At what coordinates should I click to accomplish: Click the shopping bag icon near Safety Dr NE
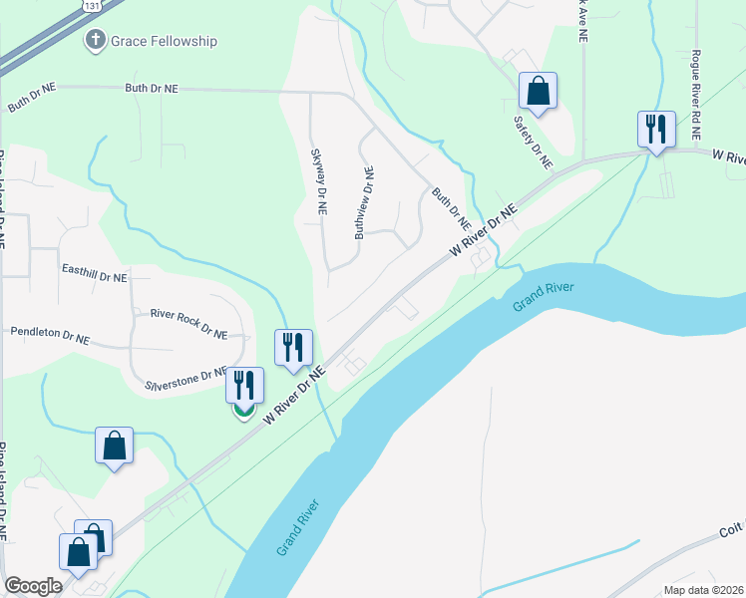pyautogui.click(x=538, y=91)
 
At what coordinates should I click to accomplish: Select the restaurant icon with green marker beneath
pyautogui.click(x=244, y=386)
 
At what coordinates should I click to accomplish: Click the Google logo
pyautogui.click(x=33, y=586)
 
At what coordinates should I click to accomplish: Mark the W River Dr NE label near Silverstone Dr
pyautogui.click(x=294, y=397)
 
